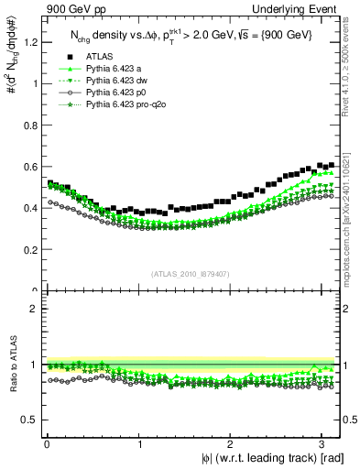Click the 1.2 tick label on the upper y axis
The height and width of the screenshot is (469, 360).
[29, 42]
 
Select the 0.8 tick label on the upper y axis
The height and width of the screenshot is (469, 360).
[29, 125]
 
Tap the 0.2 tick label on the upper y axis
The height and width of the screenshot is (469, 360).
[29, 250]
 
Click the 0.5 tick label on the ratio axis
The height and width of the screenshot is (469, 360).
[29, 420]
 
